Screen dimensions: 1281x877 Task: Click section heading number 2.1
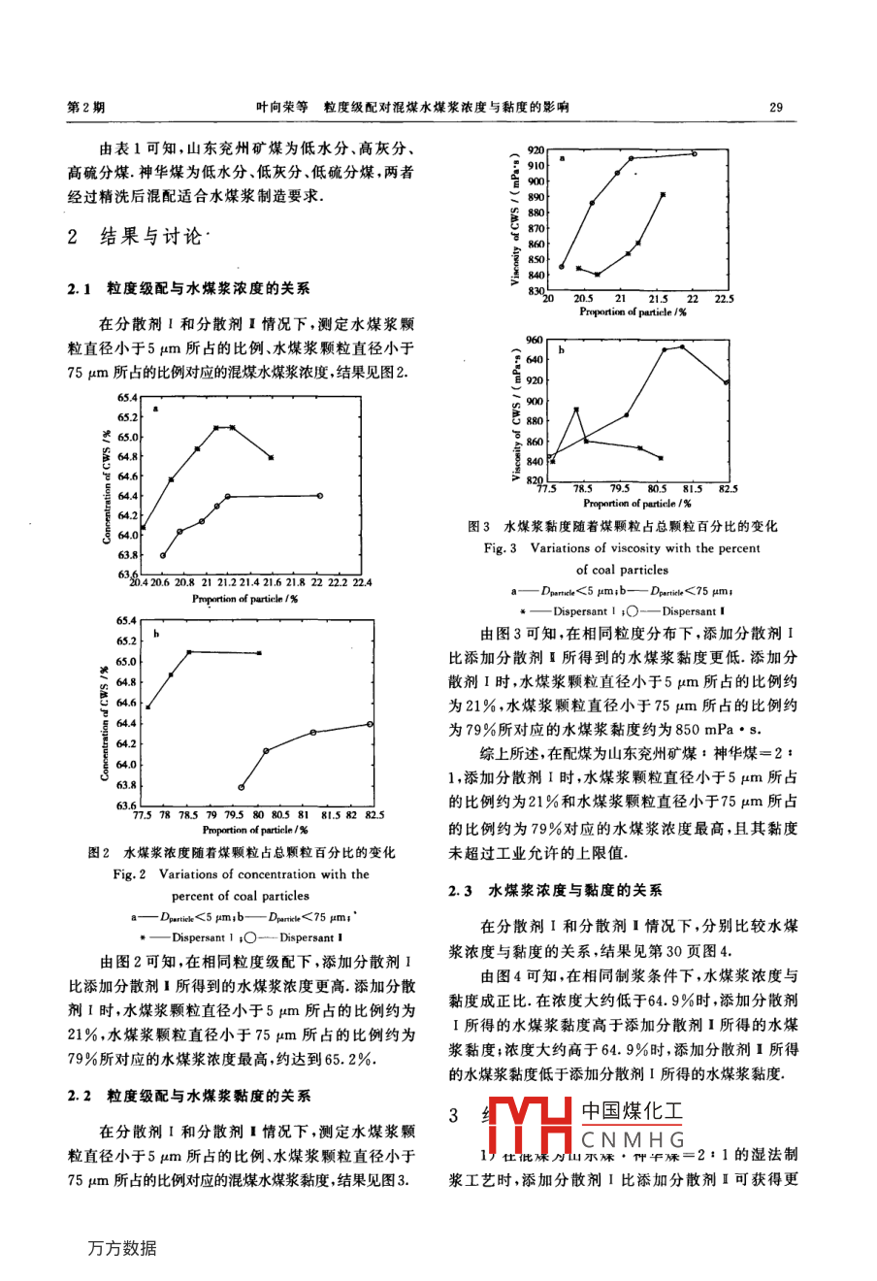click(x=80, y=288)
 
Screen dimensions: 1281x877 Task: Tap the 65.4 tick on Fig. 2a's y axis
click(x=127, y=397)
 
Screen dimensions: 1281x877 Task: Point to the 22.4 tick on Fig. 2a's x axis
click(x=361, y=583)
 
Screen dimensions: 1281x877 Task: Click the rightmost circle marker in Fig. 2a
click(x=319, y=496)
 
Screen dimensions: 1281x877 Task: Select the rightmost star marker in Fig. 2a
click(x=271, y=457)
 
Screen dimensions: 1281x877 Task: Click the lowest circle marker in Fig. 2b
click(x=241, y=787)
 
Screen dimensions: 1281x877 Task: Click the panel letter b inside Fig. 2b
click(x=156, y=635)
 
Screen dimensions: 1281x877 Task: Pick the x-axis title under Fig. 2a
click(x=244, y=599)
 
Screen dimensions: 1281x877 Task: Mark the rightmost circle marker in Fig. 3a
click(x=695, y=153)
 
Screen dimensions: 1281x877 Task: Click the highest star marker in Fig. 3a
click(x=663, y=194)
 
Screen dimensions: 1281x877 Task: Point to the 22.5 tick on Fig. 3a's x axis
click(x=724, y=299)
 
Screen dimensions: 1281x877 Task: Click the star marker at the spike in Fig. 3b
click(x=576, y=410)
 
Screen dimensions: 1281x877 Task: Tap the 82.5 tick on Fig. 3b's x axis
click(x=728, y=489)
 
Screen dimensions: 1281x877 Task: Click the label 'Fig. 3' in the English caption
click(x=501, y=548)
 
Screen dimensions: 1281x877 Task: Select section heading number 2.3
click(x=460, y=890)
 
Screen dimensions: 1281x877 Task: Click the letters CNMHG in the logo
click(x=633, y=1140)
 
